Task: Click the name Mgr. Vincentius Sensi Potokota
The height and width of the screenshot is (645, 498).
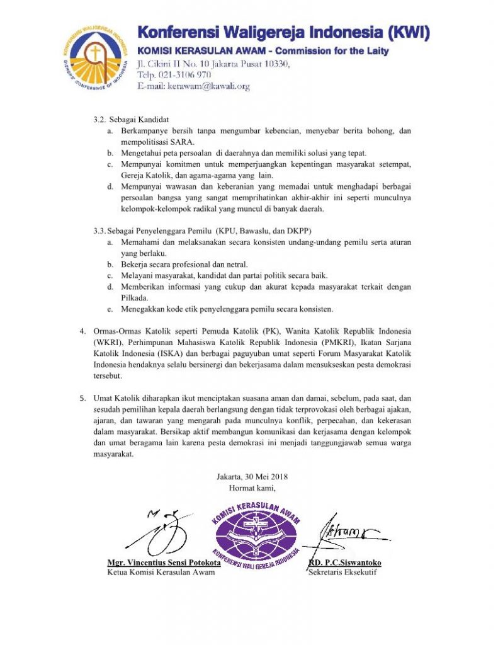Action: pos(164,562)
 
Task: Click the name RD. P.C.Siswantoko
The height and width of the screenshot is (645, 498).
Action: pos(345,562)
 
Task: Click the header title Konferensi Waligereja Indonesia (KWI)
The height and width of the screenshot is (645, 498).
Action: pos(283,33)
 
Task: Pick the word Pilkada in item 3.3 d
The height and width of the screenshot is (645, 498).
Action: pos(134,297)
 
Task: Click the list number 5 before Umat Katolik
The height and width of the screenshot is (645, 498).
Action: pos(82,398)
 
